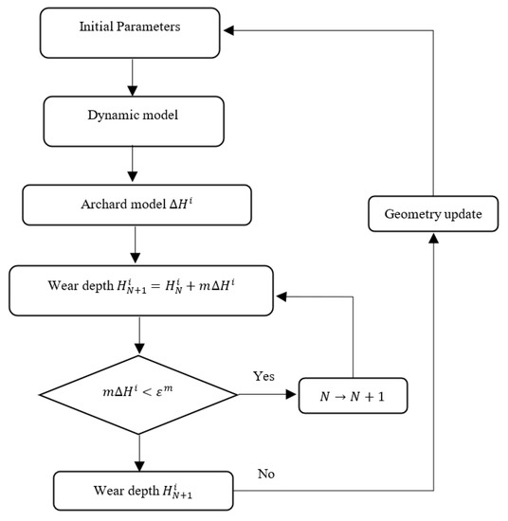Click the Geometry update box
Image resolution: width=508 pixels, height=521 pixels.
435,214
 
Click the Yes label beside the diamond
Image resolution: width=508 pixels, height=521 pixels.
264,376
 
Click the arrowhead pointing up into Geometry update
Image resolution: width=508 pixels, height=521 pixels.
435,241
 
